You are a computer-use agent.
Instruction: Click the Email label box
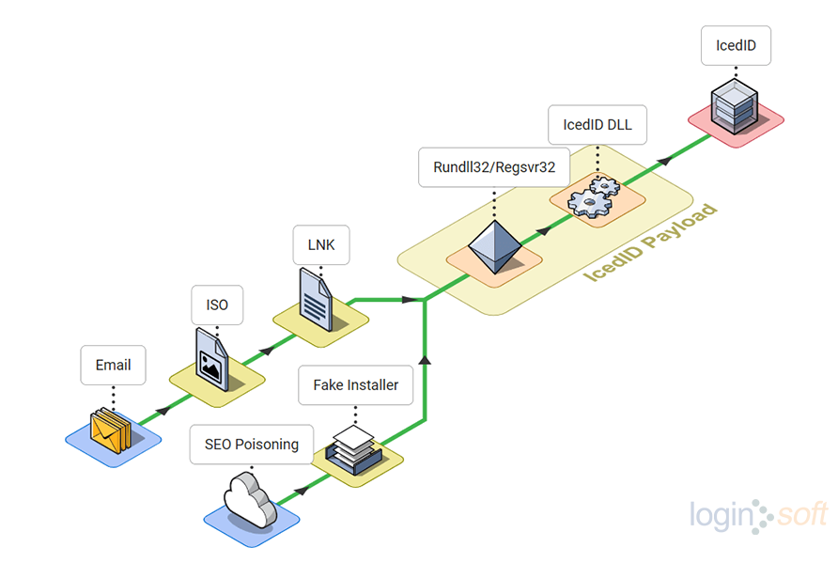pyautogui.click(x=113, y=365)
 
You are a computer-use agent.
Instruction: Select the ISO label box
pyautogui.click(x=217, y=305)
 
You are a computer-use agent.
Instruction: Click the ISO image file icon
pyautogui.click(x=212, y=358)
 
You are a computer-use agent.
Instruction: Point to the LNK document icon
pyautogui.click(x=316, y=298)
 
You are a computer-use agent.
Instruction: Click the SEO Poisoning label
pyautogui.click(x=251, y=444)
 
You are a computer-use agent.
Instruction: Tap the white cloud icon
pyautogui.click(x=250, y=504)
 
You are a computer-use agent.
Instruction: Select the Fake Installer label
pyautogui.click(x=355, y=384)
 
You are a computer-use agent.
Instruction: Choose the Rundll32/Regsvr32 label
pyautogui.click(x=494, y=167)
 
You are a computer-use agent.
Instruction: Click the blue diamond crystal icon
pyautogui.click(x=493, y=247)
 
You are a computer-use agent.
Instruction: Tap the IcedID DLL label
pyautogui.click(x=597, y=124)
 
